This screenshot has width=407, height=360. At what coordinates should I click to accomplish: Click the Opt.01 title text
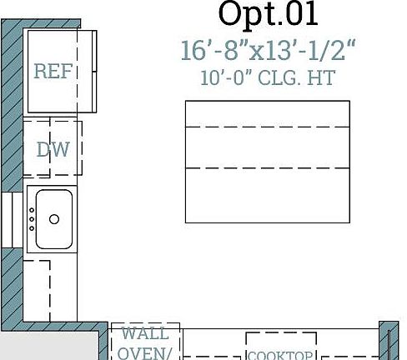tap(268, 14)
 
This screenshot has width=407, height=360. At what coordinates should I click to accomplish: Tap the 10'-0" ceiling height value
tap(226, 79)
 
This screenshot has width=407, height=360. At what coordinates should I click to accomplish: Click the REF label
tap(54, 72)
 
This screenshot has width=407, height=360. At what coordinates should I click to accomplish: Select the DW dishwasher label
tap(53, 150)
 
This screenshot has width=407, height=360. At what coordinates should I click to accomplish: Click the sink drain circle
tap(54, 219)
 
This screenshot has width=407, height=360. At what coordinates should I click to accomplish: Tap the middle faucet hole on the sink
tap(33, 220)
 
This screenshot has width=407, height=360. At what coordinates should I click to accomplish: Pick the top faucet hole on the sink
tap(33, 212)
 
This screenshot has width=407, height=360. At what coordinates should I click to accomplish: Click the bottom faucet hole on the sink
tap(33, 228)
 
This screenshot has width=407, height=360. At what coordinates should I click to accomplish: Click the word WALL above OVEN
tap(145, 334)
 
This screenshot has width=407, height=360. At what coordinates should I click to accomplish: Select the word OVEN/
tap(145, 352)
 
